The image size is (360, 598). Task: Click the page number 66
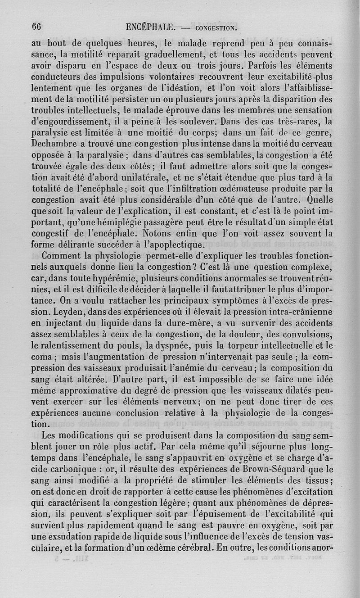click(x=36, y=26)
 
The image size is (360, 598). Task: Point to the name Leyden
click(x=67, y=312)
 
